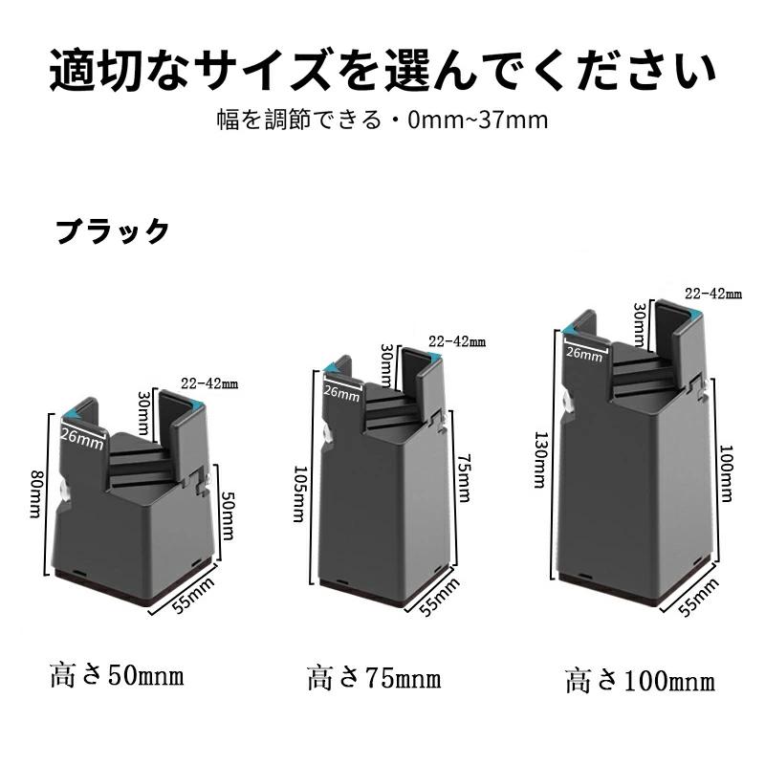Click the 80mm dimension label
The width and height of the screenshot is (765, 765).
36,493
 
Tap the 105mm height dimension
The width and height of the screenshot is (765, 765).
299,493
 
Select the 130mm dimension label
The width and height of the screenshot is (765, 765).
540,460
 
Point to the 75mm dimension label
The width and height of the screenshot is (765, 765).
465,477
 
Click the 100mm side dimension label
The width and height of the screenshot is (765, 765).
726,473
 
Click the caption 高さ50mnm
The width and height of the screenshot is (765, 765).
117,676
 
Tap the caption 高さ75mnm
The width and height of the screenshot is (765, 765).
374,678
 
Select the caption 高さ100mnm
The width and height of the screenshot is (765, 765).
640,681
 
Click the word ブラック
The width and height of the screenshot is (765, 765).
113,230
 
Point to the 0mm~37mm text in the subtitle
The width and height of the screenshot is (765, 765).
477,120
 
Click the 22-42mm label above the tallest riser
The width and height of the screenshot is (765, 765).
712,294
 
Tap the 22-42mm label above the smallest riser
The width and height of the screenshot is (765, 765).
209,383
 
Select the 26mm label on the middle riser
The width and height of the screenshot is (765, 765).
341,393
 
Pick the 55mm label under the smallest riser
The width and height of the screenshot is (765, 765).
194,595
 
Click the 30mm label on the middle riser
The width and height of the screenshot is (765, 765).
387,365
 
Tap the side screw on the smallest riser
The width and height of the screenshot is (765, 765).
64,490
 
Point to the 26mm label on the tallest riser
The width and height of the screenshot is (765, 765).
584,352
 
